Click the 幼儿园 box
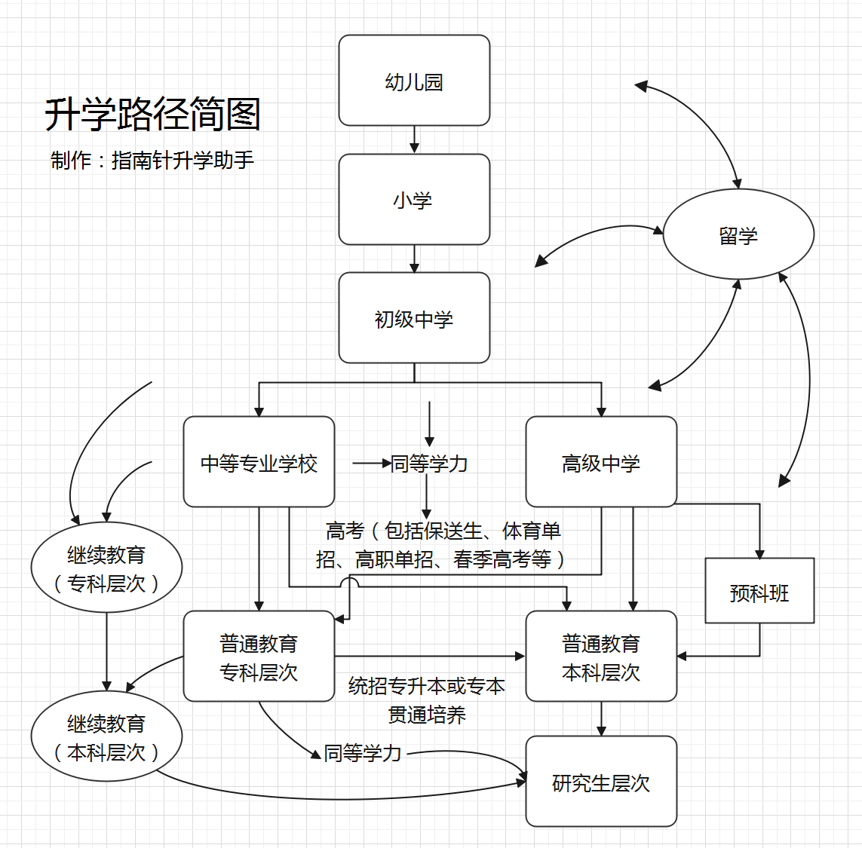pyautogui.click(x=414, y=81)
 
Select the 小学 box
pyautogui.click(x=414, y=200)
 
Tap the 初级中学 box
pyautogui.click(x=414, y=318)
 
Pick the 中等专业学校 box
pyautogui.click(x=259, y=462)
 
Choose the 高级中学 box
pyautogui.click(x=601, y=462)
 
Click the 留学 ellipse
pyautogui.click(x=738, y=235)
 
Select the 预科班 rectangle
pyautogui.click(x=759, y=591)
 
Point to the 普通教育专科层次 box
pyautogui.click(x=259, y=657)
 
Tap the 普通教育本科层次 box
pyautogui.click(x=601, y=657)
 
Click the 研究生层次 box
pyautogui.click(x=601, y=782)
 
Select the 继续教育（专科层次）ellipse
pyautogui.click(x=106, y=568)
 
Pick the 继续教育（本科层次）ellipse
pyautogui.click(x=106, y=736)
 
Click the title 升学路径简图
pyautogui.click(x=152, y=115)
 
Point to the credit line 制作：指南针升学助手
pyautogui.click(x=152, y=160)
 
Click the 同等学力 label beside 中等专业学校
pyautogui.click(x=429, y=464)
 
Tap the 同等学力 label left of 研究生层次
pyautogui.click(x=362, y=753)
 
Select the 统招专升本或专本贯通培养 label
pyautogui.click(x=427, y=700)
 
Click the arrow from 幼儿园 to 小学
pyautogui.click(x=414, y=140)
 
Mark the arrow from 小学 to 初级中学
pyautogui.click(x=414, y=259)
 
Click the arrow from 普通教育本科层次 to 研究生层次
pyautogui.click(x=601, y=719)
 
